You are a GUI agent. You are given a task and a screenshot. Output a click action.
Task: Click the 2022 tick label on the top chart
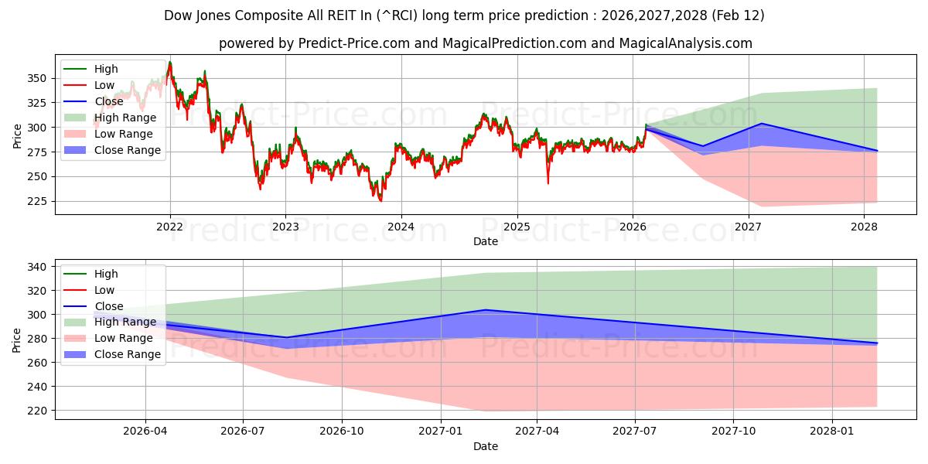170,227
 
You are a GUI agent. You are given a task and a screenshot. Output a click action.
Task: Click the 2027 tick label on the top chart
748,227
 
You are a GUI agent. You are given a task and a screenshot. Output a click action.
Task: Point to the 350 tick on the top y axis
36,78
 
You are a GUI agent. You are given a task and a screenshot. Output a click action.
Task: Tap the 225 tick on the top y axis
36,201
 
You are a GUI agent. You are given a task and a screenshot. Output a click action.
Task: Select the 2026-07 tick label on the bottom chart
244,432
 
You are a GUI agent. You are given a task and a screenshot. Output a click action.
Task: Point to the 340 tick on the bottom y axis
36,267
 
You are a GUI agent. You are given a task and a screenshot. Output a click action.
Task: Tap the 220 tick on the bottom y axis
36,411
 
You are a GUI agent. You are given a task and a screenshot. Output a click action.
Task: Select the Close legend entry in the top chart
108,101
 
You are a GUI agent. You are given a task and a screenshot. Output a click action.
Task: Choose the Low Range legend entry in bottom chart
124,338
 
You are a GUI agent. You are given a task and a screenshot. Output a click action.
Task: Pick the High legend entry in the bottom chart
106,274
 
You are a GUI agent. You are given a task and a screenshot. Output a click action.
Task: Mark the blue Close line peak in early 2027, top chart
762,124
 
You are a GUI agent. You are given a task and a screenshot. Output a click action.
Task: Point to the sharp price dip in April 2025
548,183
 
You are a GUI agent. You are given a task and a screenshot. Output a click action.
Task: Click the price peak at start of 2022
170,63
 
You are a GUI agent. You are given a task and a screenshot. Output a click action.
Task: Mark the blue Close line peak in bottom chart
485,310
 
